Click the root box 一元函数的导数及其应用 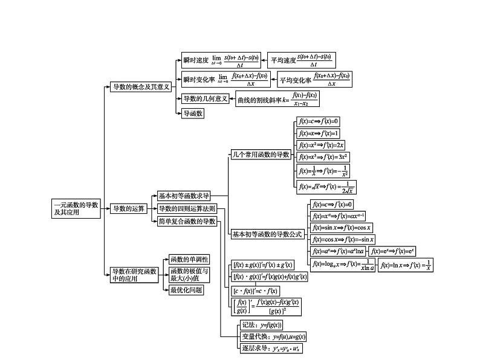pyautogui.click(x=76, y=208)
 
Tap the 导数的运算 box pyautogui.click(x=129, y=208)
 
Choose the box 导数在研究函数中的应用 pyautogui.click(x=134, y=275)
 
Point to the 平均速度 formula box pyautogui.click(x=301, y=60)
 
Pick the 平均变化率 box pyautogui.click(x=314, y=79)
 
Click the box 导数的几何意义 pyautogui.click(x=205, y=98)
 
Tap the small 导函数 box pyautogui.click(x=193, y=113)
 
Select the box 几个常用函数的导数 pyautogui.click(x=262, y=155)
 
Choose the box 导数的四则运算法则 pyautogui.click(x=186, y=209)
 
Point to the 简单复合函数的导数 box pyautogui.click(x=186, y=222)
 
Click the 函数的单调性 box pyautogui.click(x=189, y=259)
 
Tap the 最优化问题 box pyautogui.click(x=186, y=290)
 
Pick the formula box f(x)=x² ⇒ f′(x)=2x pyautogui.click(x=321, y=145)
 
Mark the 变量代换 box pyautogui.click(x=273, y=336)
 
